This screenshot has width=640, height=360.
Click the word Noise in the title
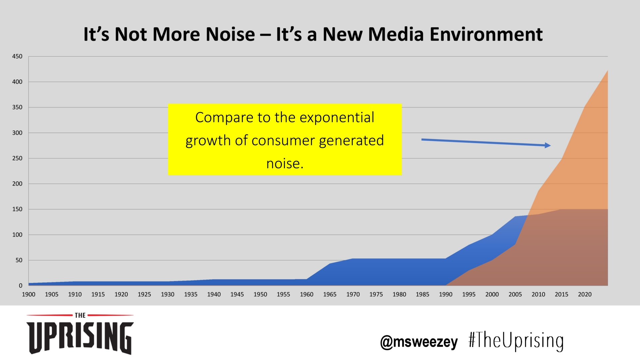click(230, 34)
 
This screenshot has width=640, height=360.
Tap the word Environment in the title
click(486, 34)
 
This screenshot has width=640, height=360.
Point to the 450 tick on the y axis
click(17, 56)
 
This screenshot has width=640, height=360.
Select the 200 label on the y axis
click(17, 184)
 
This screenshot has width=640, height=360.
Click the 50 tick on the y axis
click(19, 260)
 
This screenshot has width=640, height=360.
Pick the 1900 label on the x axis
click(29, 294)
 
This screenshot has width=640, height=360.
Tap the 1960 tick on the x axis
click(307, 294)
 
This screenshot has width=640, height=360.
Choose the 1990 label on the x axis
click(446, 294)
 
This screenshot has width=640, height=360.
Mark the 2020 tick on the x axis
click(585, 294)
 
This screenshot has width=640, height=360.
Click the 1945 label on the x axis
click(237, 294)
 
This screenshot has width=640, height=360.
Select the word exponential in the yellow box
click(337, 117)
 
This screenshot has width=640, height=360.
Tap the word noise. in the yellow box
click(285, 163)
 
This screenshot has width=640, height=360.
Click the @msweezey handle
click(419, 342)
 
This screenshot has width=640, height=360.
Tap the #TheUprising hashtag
click(516, 341)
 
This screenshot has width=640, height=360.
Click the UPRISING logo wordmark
click(80, 337)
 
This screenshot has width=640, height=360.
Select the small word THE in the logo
click(80, 315)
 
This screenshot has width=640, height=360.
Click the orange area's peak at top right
click(607, 71)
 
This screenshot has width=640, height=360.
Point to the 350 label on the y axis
click(17, 107)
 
